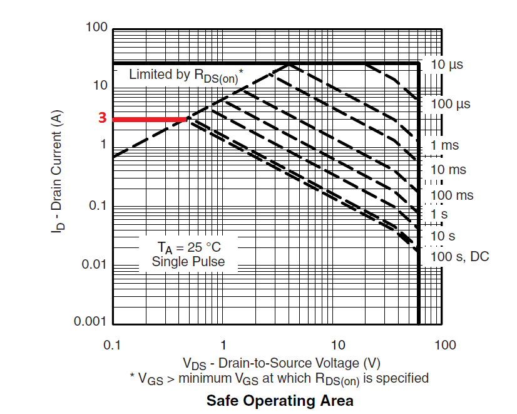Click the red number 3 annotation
[x=101, y=118]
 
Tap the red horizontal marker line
[x=150, y=119]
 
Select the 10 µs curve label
[x=447, y=65]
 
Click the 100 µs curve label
[x=450, y=104]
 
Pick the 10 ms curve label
[x=448, y=170]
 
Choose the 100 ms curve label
[x=452, y=195]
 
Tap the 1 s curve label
[x=441, y=214]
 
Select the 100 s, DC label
[x=459, y=256]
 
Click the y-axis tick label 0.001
[x=91, y=322]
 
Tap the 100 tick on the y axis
[x=97, y=28]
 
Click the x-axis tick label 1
[x=223, y=345]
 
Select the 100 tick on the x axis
[x=445, y=345]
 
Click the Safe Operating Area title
[x=280, y=400]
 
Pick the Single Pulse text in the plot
[x=188, y=261]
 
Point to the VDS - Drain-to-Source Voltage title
[x=281, y=363]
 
